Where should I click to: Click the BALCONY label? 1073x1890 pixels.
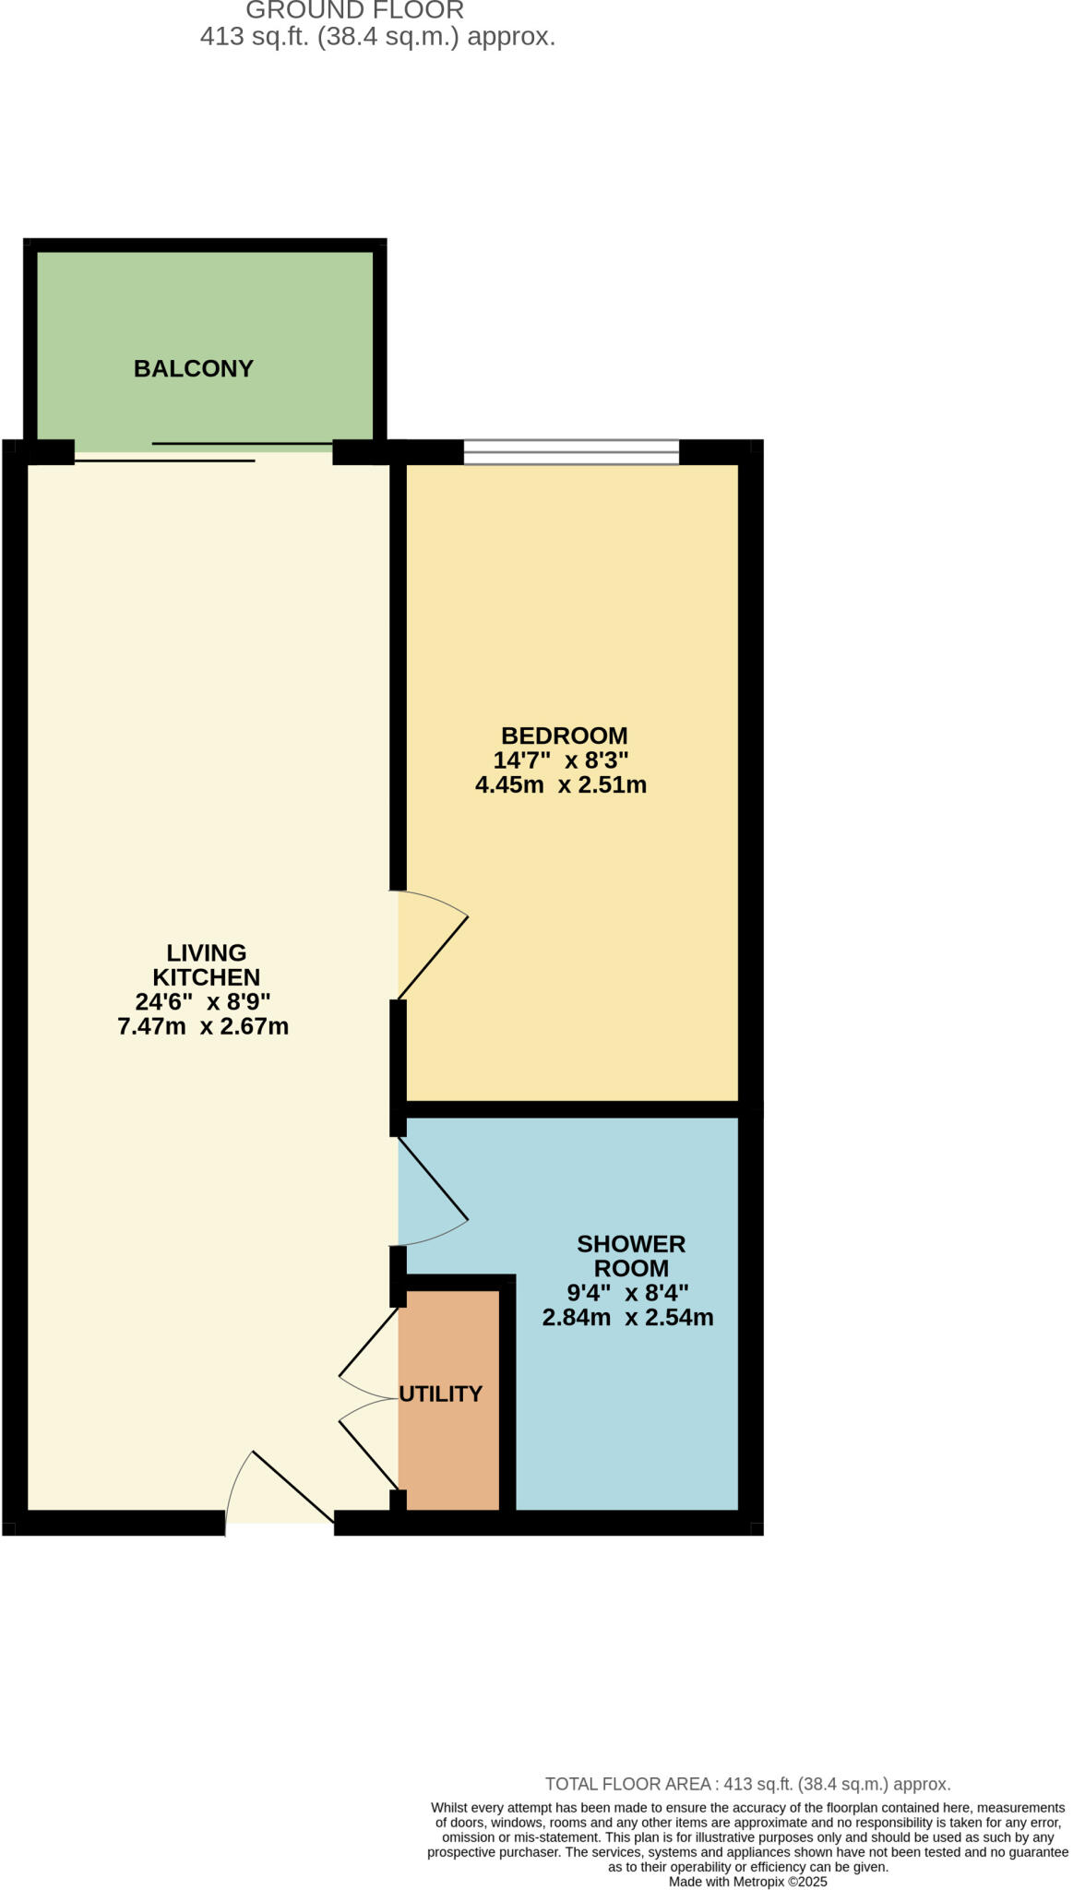[193, 368]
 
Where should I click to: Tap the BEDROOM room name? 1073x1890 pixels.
[564, 736]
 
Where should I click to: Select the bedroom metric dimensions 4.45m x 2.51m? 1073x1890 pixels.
[560, 785]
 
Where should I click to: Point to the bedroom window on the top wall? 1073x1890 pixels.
[571, 452]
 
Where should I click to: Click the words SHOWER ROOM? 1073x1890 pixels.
[631, 1256]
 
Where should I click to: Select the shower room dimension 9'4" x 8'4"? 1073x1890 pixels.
[627, 1293]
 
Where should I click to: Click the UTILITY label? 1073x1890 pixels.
[440, 1394]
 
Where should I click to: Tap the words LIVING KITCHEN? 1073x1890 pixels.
[206, 964]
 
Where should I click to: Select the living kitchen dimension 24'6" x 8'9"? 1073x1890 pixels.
[203, 1001]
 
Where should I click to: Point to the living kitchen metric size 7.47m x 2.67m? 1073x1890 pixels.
[203, 1026]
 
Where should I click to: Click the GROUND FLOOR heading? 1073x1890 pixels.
[354, 11]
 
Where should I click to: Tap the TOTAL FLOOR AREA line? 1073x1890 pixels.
[747, 1784]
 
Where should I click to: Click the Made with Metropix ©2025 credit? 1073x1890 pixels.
[747, 1882]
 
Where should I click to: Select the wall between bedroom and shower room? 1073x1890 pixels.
[572, 1109]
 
